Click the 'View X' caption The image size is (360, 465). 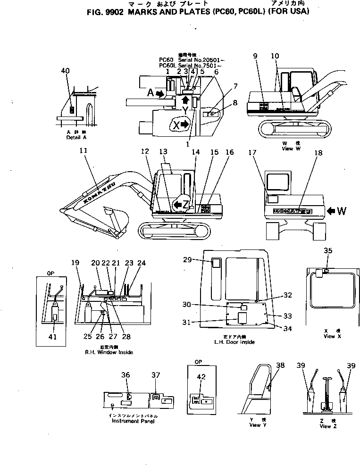[x=329, y=336]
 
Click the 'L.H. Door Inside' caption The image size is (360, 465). [x=234, y=342]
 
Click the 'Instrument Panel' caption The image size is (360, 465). [x=133, y=421]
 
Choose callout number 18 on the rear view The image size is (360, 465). [x=318, y=153]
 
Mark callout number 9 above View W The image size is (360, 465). [x=255, y=56]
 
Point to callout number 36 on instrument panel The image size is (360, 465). [x=125, y=375]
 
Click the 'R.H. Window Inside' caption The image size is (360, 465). [x=109, y=352]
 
